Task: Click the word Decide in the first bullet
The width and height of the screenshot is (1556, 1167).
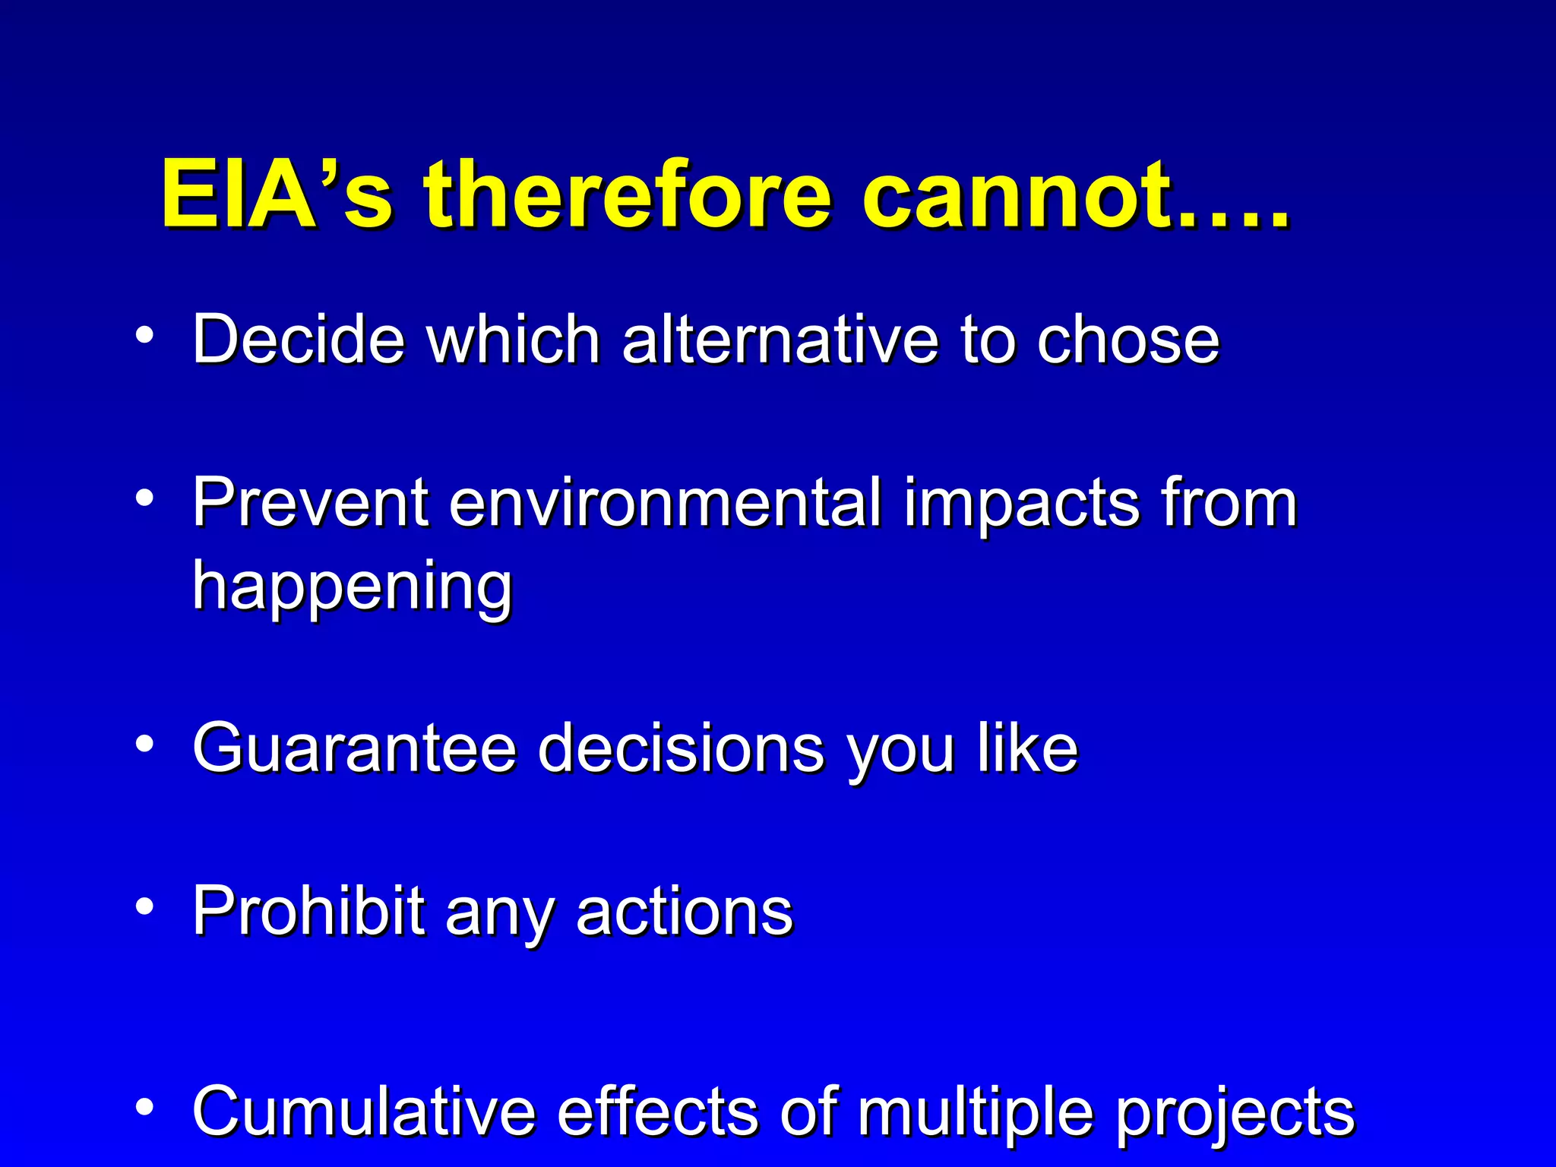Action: (x=298, y=339)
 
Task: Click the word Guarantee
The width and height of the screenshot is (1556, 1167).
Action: (x=354, y=748)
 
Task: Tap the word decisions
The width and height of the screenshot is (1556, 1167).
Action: (x=681, y=748)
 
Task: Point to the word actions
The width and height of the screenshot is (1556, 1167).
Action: (x=684, y=912)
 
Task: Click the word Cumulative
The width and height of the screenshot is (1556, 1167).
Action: (x=364, y=1112)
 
